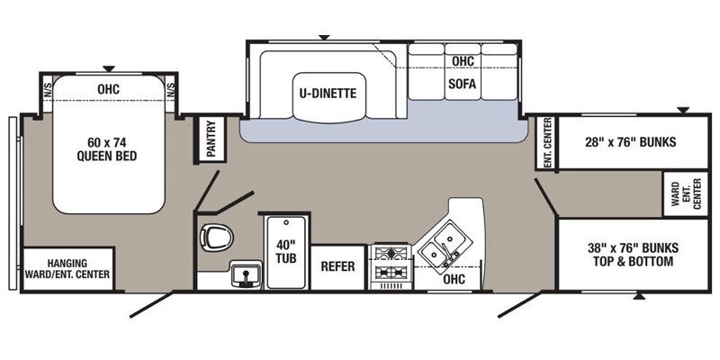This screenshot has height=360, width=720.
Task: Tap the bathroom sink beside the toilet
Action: click(x=241, y=273)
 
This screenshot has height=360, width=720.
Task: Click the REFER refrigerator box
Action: click(x=338, y=267)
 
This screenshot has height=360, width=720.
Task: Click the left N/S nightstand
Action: click(x=48, y=90)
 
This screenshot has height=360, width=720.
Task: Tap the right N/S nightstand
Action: click(x=170, y=90)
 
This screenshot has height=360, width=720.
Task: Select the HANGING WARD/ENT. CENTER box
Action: click(x=67, y=267)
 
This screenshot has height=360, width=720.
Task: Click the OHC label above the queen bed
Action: click(x=108, y=88)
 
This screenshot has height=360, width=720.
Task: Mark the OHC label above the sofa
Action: click(x=463, y=61)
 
